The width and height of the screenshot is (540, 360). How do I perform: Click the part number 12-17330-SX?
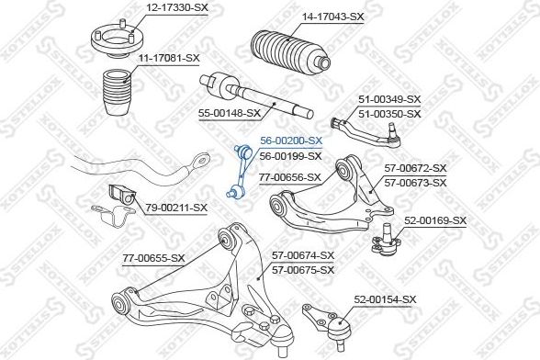pos(178,7)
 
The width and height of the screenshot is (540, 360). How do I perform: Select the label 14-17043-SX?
pos(332,17)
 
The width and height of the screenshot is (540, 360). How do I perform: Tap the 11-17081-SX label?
pos(169,58)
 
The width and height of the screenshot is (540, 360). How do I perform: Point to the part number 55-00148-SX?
pos(230,113)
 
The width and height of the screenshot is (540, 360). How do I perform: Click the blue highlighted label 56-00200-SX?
pos(291,141)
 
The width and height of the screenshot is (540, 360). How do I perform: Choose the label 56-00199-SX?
pos(290,156)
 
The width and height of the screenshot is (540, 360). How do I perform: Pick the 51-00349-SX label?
pos(389,99)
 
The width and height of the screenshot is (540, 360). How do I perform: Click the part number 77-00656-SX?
pos(290,178)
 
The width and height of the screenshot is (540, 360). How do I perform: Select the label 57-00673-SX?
pos(415,183)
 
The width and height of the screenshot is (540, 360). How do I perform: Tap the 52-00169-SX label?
pos(435,220)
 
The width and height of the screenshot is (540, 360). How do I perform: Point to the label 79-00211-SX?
pos(176,208)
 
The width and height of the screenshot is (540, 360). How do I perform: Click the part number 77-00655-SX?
pos(153,258)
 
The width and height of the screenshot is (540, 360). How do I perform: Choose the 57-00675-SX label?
pos(303,270)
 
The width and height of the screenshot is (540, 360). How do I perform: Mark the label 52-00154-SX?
pos(385,299)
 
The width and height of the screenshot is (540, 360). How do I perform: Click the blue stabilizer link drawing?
pos(240,172)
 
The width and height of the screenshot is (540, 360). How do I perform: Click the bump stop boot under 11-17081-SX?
pos(118,93)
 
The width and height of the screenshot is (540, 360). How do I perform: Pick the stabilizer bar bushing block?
pos(122,196)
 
